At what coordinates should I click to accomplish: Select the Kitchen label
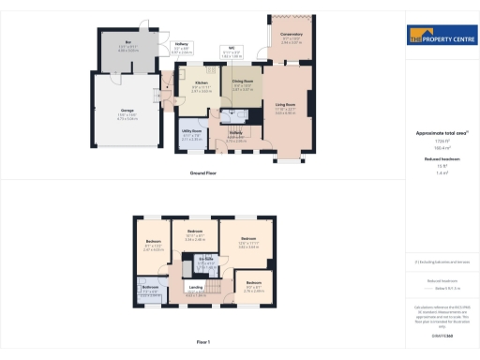[x=201, y=82]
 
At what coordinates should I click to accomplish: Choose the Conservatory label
[x=292, y=35]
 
